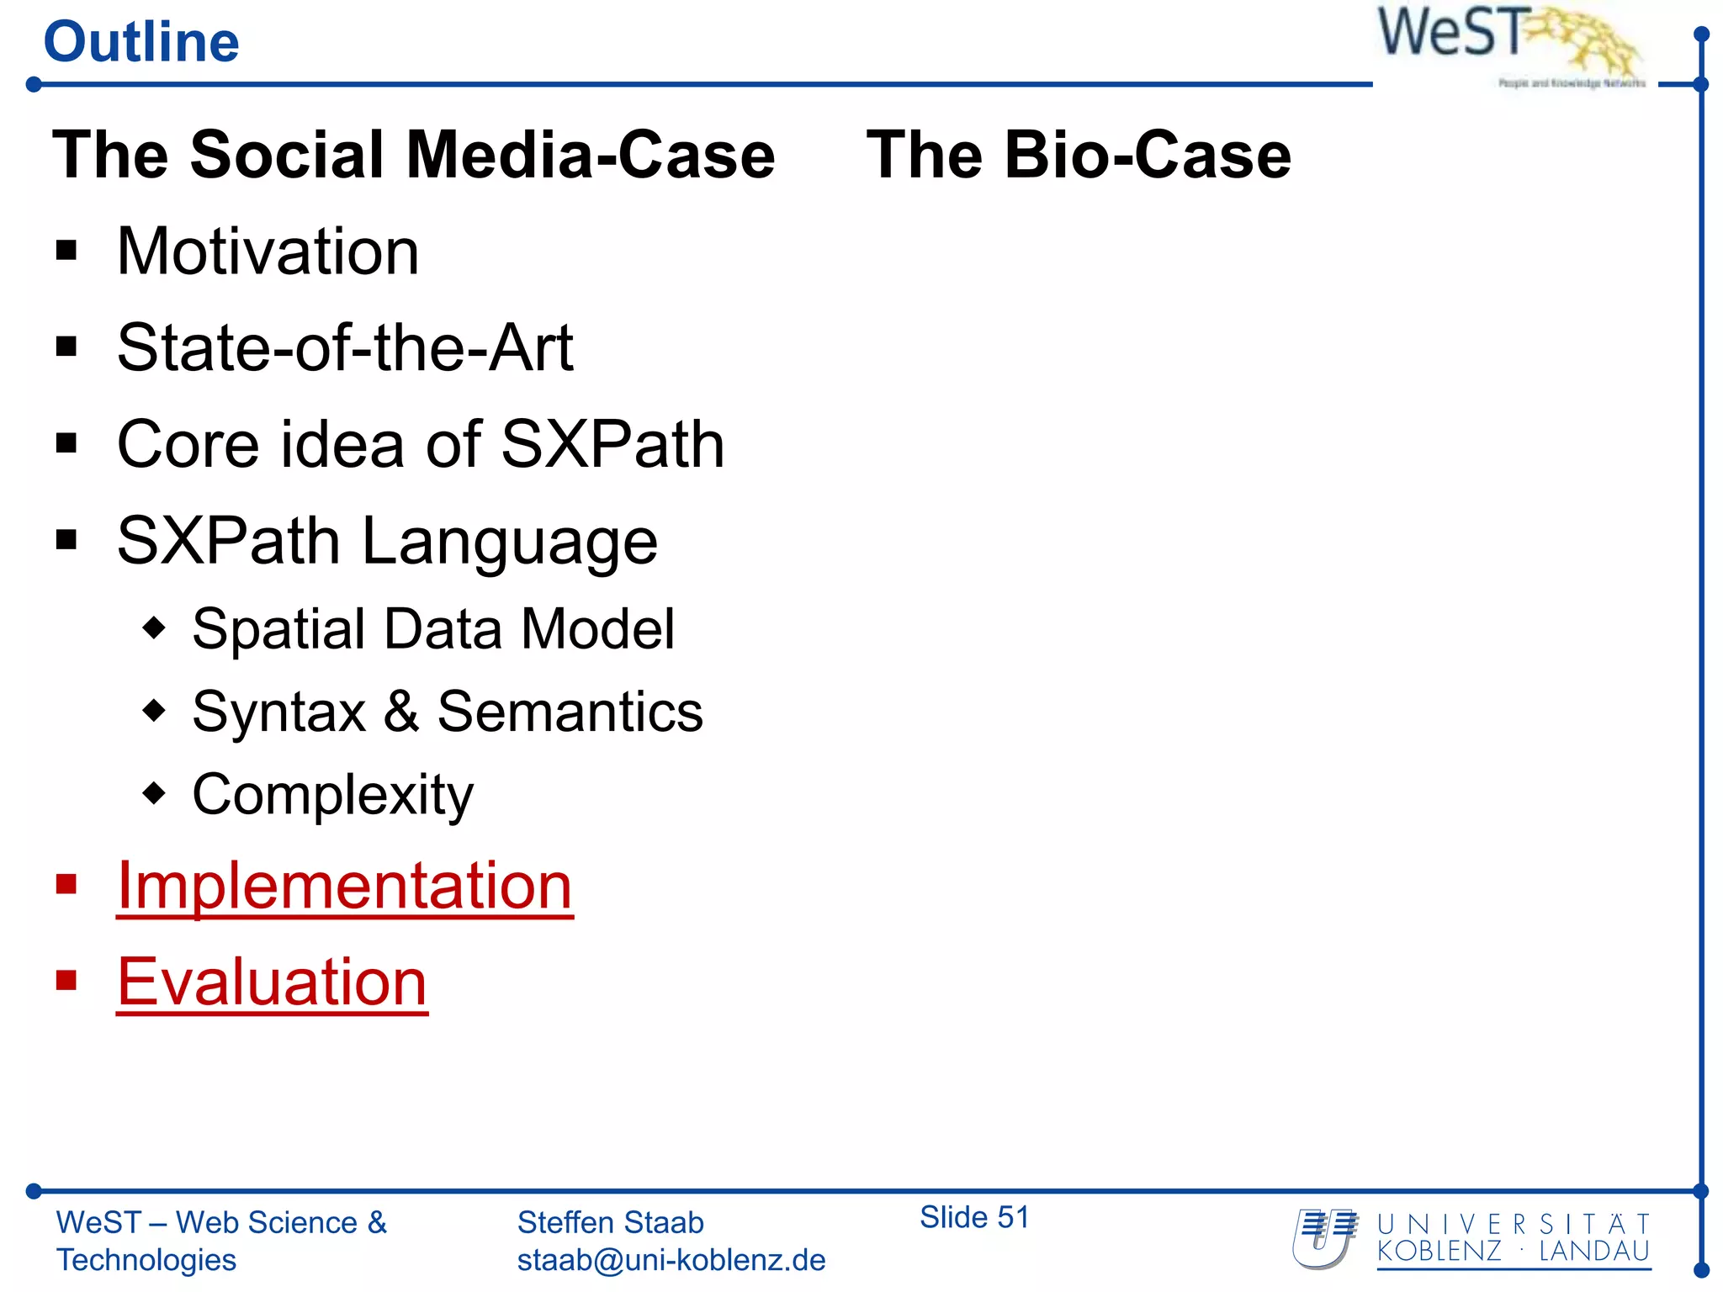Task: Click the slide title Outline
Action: (141, 42)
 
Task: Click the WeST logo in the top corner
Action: (1506, 42)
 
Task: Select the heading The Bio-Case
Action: (1079, 156)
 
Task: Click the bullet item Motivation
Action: (268, 252)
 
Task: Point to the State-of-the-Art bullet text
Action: (345, 347)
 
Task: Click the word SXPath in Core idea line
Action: (612, 444)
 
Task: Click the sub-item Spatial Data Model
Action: (432, 628)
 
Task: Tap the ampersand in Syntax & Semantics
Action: (401, 712)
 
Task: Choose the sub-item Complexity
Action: (332, 794)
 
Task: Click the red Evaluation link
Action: (272, 982)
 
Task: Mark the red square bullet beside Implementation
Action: (66, 884)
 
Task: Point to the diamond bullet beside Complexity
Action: (155, 792)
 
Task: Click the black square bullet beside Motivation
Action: (66, 250)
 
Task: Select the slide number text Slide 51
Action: (974, 1217)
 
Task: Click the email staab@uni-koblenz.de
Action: (671, 1260)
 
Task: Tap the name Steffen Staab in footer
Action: (610, 1222)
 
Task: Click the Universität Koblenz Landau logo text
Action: (1513, 1238)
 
